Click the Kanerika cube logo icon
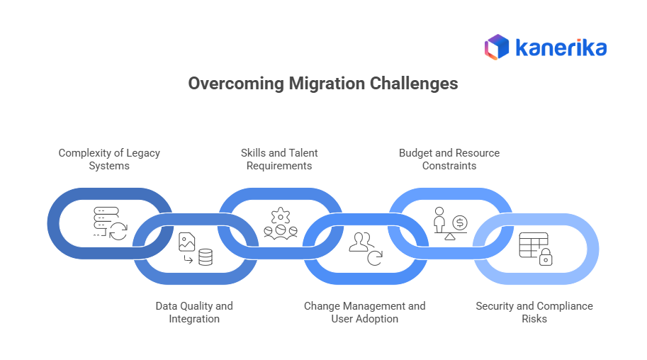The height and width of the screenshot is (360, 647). pos(497,47)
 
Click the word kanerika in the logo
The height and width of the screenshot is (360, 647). pos(561,47)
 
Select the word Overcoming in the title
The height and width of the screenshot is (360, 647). pos(236,84)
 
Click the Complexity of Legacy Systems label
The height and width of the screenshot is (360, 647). pos(109,159)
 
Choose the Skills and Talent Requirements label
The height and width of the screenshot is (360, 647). pos(279,159)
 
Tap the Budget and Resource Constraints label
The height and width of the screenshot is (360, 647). pos(449,159)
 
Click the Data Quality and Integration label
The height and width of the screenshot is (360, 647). pos(194,313)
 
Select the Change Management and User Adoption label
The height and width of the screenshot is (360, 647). pos(364,313)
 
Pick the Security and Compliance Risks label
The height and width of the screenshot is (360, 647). pos(534,313)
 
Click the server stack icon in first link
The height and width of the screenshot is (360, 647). pos(104,219)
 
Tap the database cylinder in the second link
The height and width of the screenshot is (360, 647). pos(206,257)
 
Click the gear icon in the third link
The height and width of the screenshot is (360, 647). pos(280,214)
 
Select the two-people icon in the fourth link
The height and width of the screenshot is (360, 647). pos(361,242)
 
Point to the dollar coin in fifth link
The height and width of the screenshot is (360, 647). pos(460,223)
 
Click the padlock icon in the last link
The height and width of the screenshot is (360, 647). pos(546,259)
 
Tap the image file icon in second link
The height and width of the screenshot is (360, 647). pos(187,242)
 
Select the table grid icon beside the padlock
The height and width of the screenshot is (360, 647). pos(531,244)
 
